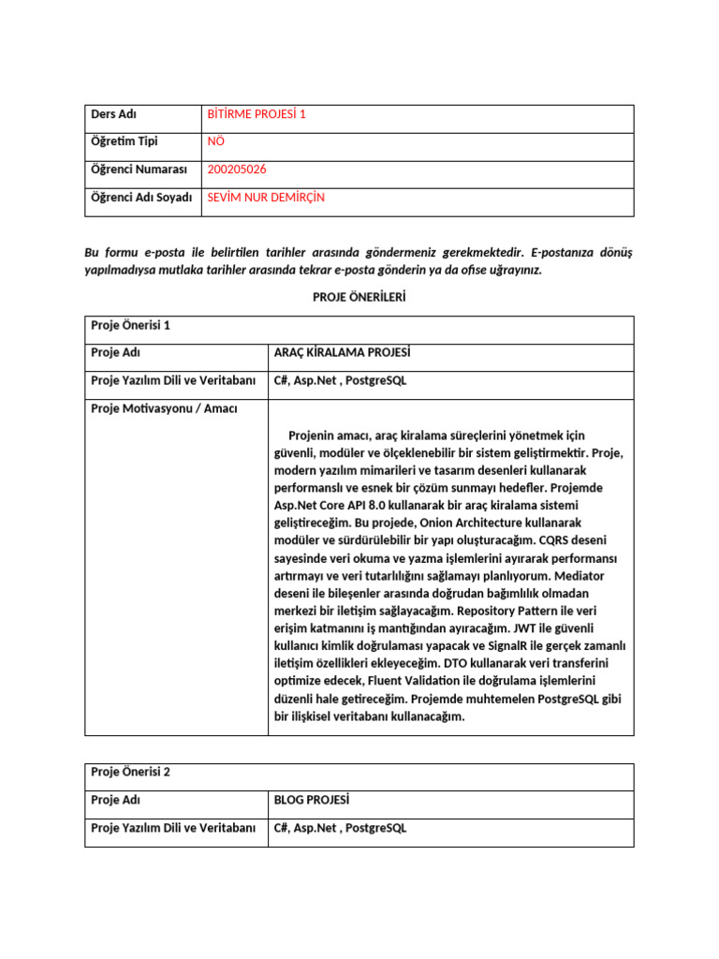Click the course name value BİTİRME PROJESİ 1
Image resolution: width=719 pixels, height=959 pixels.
pos(257,114)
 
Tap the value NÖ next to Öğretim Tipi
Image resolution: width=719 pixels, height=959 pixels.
pos(216,141)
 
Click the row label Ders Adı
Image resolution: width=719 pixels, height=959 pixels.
pos(114,114)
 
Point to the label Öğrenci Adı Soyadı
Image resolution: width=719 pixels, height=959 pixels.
pos(141,198)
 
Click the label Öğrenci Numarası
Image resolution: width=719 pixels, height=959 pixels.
pos(139,170)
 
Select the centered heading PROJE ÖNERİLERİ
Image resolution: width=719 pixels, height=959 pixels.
pos(359,297)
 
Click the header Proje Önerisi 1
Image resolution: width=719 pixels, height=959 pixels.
pos(130,326)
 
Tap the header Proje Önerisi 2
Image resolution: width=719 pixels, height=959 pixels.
pos(130,773)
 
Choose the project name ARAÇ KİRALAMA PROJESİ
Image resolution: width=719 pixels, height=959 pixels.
pos(342,353)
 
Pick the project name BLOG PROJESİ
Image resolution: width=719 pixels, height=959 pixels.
pos(311,801)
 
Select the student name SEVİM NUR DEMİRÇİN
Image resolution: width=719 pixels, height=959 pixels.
pos(266,198)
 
